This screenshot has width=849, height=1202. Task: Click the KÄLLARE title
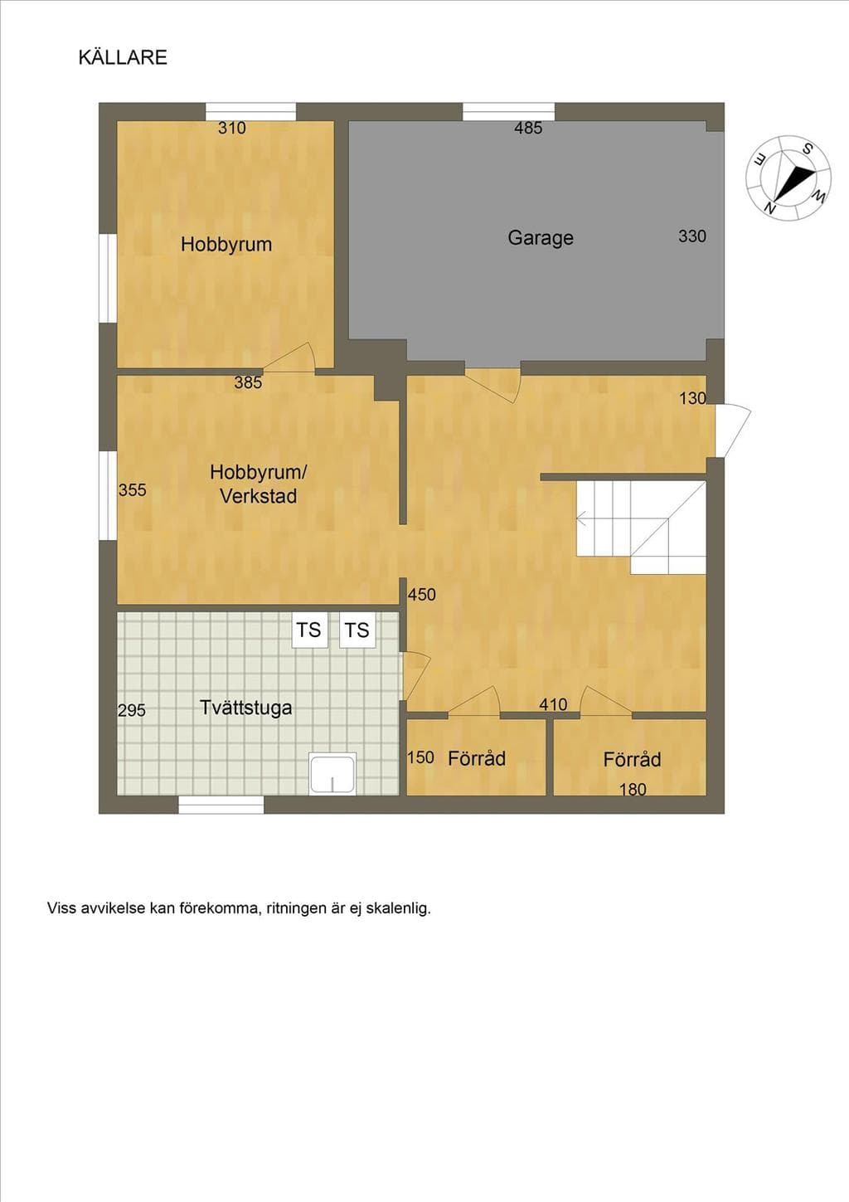(x=123, y=57)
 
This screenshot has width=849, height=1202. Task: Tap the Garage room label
(x=541, y=238)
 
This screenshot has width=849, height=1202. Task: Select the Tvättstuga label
(x=245, y=708)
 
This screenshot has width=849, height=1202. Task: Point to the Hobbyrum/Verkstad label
(x=258, y=484)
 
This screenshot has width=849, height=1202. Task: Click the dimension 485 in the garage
(x=528, y=128)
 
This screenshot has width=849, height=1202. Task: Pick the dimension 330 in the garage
(x=691, y=236)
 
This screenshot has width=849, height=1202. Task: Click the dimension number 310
(x=231, y=128)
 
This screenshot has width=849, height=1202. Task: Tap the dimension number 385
(x=248, y=382)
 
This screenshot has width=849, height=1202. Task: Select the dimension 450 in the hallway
(x=421, y=595)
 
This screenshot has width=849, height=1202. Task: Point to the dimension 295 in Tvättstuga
(x=131, y=710)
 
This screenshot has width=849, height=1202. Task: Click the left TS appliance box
(x=309, y=630)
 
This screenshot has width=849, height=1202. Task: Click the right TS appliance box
(x=357, y=630)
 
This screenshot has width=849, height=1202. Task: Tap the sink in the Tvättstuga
(x=332, y=773)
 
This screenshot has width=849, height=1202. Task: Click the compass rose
(x=788, y=178)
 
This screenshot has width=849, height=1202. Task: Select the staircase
(x=641, y=528)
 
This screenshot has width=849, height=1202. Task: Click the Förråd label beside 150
(x=477, y=758)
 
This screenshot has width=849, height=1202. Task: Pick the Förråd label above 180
(x=632, y=759)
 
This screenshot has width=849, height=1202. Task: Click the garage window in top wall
(x=508, y=112)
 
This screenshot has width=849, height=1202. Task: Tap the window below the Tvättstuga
(x=221, y=805)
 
